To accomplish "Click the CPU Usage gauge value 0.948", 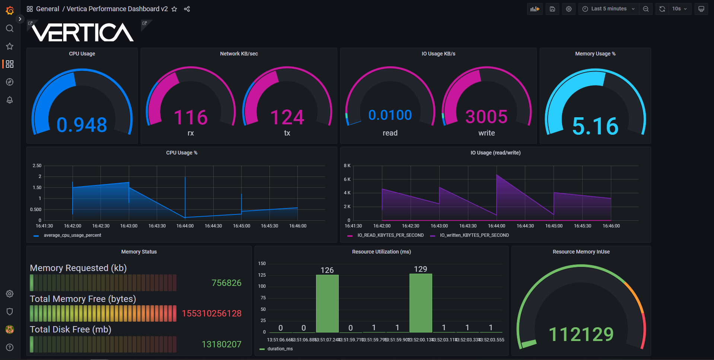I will pyautogui.click(x=82, y=125).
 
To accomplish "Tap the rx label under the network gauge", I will pyautogui.click(x=191, y=133).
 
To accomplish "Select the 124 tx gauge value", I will pyautogui.click(x=287, y=117).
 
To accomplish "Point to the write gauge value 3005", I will pyautogui.click(x=487, y=117).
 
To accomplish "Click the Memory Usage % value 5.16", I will pyautogui.click(x=595, y=126).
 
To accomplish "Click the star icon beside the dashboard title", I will pyautogui.click(x=174, y=9).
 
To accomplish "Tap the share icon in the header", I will pyautogui.click(x=187, y=9).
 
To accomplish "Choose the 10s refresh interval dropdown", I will pyautogui.click(x=679, y=9).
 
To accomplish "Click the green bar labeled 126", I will pyautogui.click(x=327, y=303).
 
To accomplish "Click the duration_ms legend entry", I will pyautogui.click(x=280, y=349).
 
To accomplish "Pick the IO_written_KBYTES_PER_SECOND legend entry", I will pyautogui.click(x=474, y=235).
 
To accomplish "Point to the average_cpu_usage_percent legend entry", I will pyautogui.click(x=72, y=235).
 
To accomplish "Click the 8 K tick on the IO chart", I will pyautogui.click(x=347, y=166).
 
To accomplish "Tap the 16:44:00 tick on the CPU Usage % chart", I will pyautogui.click(x=185, y=226).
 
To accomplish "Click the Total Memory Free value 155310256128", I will pyautogui.click(x=211, y=313).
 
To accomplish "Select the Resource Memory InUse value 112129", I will pyautogui.click(x=581, y=334).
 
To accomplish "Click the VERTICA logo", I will pyautogui.click(x=83, y=32).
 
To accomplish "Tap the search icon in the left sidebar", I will pyautogui.click(x=10, y=28).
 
